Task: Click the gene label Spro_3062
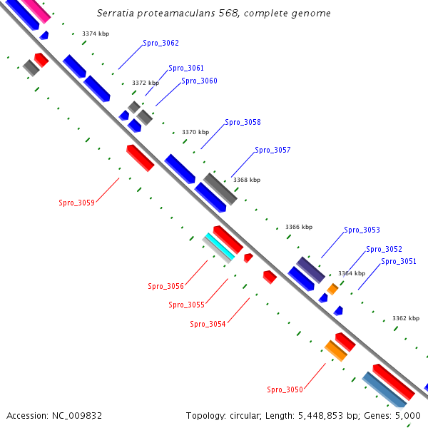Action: [160, 44]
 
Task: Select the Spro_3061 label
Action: [186, 68]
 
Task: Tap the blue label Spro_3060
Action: [199, 81]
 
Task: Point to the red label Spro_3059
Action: [76, 203]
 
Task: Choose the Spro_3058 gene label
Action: [243, 123]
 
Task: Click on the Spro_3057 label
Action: [272, 151]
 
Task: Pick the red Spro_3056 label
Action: [165, 287]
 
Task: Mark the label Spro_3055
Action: [186, 305]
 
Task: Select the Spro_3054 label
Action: [208, 325]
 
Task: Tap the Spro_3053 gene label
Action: [362, 230]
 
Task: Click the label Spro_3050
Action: [285, 390]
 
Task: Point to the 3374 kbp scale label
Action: [96, 34]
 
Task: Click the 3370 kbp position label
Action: [195, 132]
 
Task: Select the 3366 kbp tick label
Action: [299, 227]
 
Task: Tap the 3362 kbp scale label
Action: [406, 318]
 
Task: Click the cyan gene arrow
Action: [220, 245]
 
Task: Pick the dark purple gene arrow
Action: [311, 269]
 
